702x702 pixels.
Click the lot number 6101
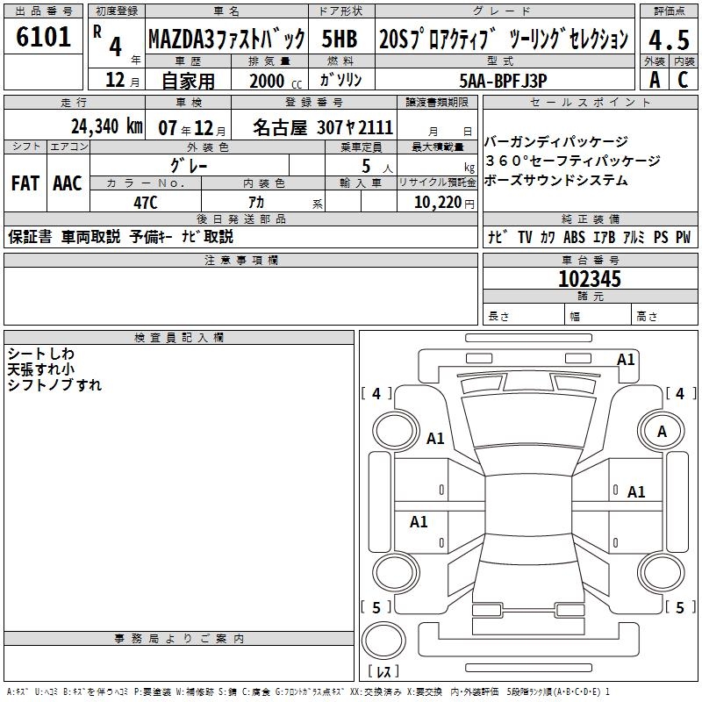coord(44,38)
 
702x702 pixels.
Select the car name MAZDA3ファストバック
coord(226,39)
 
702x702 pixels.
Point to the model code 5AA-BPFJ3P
coord(503,80)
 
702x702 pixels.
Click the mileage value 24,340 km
coord(106,125)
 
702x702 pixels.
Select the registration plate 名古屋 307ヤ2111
coord(323,127)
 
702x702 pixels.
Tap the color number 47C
coord(146,203)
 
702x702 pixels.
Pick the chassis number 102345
coord(590,279)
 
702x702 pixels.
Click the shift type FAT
coord(25,183)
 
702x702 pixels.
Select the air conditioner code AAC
coord(68,183)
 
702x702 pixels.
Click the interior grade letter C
coord(682,80)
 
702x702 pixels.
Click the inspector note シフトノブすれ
coord(54,385)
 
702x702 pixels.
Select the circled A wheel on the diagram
coord(662,432)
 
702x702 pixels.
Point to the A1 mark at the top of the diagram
coord(626,359)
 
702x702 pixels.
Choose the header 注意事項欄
coord(241,261)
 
